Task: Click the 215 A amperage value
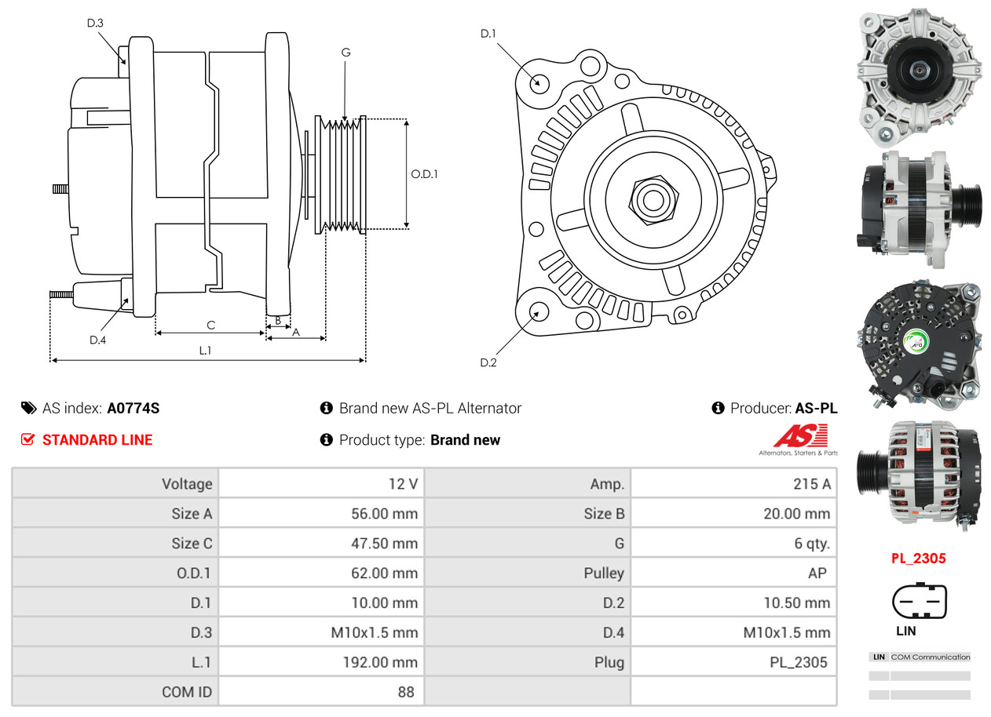pyautogui.click(x=811, y=484)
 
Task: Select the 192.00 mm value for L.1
pyautogui.click(x=384, y=662)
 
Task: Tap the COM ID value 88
pyautogui.click(x=406, y=692)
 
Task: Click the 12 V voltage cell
pyautogui.click(x=403, y=484)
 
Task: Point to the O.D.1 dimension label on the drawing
pyautogui.click(x=424, y=174)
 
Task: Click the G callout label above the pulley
pyautogui.click(x=346, y=53)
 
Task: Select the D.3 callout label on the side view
pyautogui.click(x=95, y=23)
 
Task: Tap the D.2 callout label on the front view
pyautogui.click(x=488, y=362)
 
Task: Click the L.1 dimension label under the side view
pyautogui.click(x=205, y=351)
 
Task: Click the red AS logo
pyautogui.click(x=800, y=436)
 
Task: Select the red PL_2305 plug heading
pyautogui.click(x=918, y=559)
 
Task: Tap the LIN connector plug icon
pyautogui.click(x=919, y=602)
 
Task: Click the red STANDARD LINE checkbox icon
pyautogui.click(x=27, y=440)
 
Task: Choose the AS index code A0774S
pyautogui.click(x=133, y=408)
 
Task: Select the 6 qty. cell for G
pyautogui.click(x=811, y=544)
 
